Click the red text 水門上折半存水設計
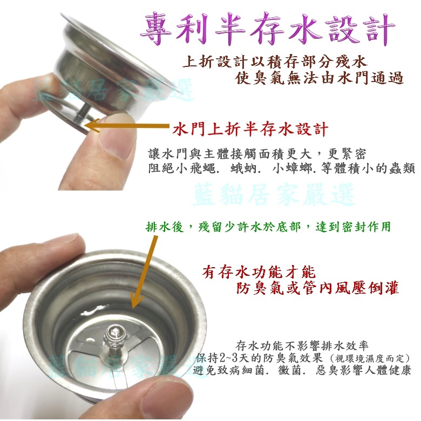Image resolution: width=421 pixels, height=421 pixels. [x=250, y=129]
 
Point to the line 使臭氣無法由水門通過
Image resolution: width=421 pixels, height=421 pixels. [x=320, y=79]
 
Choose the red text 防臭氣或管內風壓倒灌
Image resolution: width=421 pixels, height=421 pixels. [x=318, y=289]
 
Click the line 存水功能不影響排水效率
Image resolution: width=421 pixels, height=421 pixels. [x=302, y=346]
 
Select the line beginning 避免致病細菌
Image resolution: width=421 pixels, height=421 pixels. [x=302, y=371]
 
